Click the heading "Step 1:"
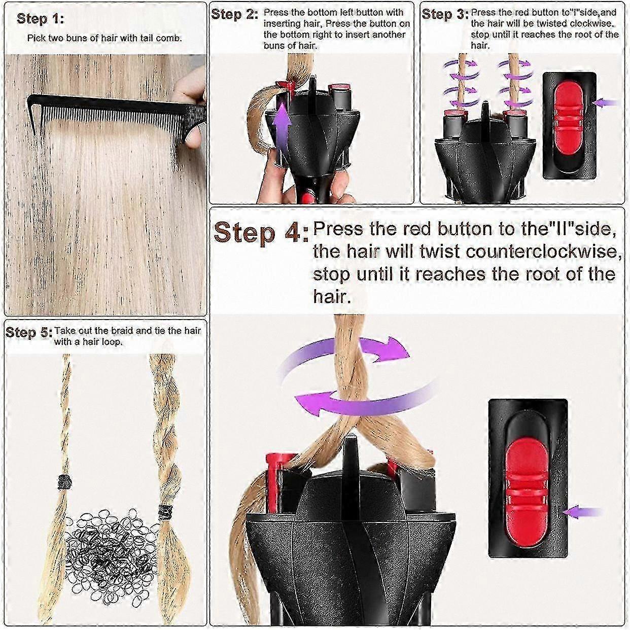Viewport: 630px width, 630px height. (41, 19)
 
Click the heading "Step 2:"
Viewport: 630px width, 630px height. (234, 14)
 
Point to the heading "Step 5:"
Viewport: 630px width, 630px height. (29, 333)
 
